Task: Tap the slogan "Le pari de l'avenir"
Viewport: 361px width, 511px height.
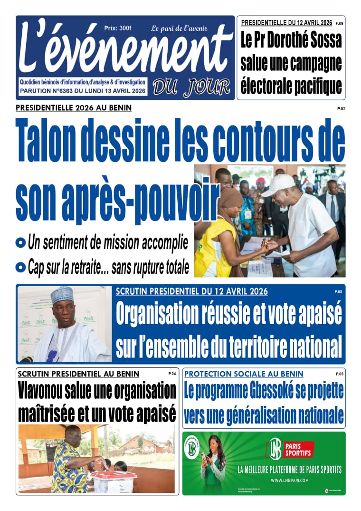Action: (x=186, y=29)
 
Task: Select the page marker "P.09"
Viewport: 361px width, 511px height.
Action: (x=339, y=23)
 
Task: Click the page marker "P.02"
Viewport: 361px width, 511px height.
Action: (x=341, y=109)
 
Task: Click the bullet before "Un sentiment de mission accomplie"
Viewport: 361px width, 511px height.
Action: (x=20, y=243)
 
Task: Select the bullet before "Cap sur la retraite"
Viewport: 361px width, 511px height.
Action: (x=20, y=268)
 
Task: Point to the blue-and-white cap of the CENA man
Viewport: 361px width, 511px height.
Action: (x=63, y=295)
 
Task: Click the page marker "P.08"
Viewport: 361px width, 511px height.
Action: (x=338, y=291)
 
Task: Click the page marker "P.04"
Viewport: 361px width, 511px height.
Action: (x=172, y=374)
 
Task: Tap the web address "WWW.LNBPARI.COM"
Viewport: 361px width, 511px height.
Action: (x=290, y=481)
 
